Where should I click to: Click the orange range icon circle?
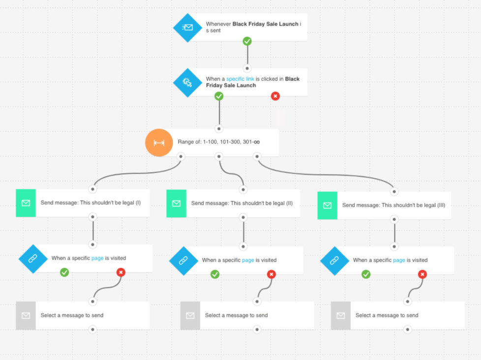pyautogui.click(x=158, y=143)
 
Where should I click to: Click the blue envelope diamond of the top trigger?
pyautogui.click(x=187, y=27)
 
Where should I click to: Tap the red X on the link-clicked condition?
pyautogui.click(x=275, y=96)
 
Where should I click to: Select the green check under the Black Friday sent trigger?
pyautogui.click(x=247, y=41)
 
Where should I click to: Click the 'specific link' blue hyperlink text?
pyautogui.click(x=240, y=79)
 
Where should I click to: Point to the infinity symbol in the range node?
pyautogui.click(x=256, y=142)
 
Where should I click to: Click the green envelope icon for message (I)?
pyautogui.click(x=26, y=203)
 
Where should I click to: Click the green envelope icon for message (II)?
pyautogui.click(x=176, y=203)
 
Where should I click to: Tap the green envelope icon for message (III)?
pyautogui.click(x=327, y=205)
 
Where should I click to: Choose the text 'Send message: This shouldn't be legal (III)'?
pyautogui.click(x=393, y=205)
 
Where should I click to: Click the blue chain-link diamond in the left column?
pyautogui.click(x=33, y=258)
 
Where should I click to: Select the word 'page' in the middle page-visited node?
pyautogui.click(x=248, y=260)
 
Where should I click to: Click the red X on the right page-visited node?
pyautogui.click(x=422, y=274)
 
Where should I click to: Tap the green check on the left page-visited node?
pyautogui.click(x=64, y=272)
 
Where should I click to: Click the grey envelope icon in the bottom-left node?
pyautogui.click(x=26, y=315)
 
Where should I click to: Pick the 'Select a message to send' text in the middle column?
pyautogui.click(x=236, y=315)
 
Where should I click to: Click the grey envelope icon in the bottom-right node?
pyautogui.click(x=340, y=315)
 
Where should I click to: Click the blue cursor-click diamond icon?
pyautogui.click(x=187, y=82)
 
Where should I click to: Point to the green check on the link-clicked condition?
pyautogui.click(x=219, y=96)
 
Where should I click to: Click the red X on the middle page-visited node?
pyautogui.click(x=271, y=274)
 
